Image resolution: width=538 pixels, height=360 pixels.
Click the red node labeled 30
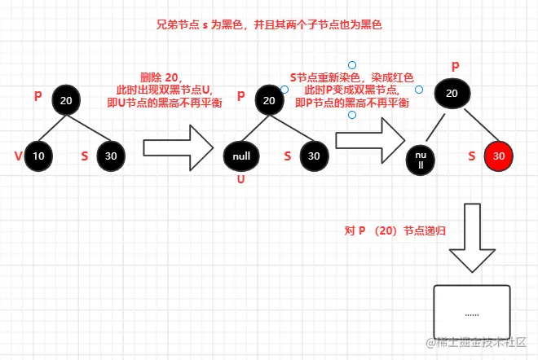click(499, 155)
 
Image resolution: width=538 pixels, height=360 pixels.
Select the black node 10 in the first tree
click(37, 155)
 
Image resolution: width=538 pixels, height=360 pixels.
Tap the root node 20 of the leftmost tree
click(68, 99)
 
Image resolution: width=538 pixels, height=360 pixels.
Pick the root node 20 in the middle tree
click(270, 100)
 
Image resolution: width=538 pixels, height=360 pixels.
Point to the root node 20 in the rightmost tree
click(452, 94)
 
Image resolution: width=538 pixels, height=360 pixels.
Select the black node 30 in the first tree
click(111, 155)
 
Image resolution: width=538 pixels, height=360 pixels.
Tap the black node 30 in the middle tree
click(314, 155)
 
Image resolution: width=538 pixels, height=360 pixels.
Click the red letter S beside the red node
click(472, 155)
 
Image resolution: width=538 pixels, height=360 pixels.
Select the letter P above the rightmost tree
click(455, 64)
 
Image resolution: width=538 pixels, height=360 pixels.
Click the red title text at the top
click(269, 25)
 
